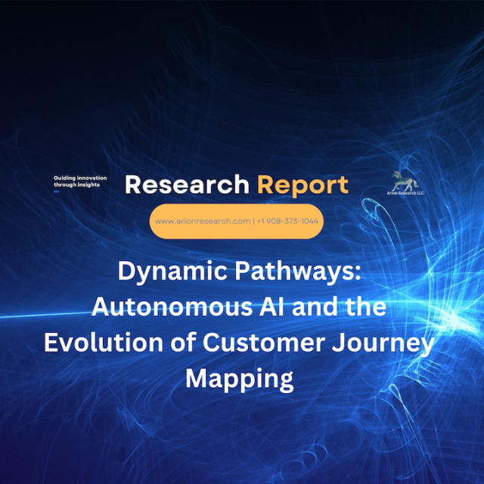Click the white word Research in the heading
tap(187, 185)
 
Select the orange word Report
tap(302, 186)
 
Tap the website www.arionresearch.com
tap(203, 221)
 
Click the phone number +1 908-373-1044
tap(287, 221)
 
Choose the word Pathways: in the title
tap(297, 271)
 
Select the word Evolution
tap(104, 343)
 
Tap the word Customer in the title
tap(264, 343)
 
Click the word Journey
tap(383, 345)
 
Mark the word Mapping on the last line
tap(239, 380)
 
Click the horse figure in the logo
tap(405, 181)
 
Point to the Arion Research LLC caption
tap(405, 194)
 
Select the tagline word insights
tap(89, 185)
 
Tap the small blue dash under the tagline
tap(57, 191)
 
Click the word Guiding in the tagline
tap(65, 178)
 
